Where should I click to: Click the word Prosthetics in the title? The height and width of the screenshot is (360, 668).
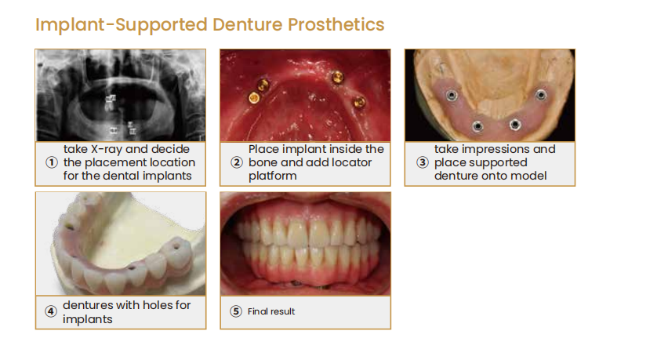point(336,25)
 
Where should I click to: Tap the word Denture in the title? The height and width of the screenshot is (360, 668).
point(248,25)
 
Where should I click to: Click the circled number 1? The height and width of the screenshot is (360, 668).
point(52,162)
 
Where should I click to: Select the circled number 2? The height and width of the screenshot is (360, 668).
point(237,162)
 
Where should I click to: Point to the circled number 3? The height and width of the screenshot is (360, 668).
point(422,162)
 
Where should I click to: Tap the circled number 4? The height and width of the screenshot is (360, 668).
point(51,311)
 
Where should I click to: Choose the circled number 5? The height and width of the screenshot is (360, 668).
point(235,311)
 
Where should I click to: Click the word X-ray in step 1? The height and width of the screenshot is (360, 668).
point(107,150)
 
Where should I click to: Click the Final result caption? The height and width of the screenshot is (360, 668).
point(271,311)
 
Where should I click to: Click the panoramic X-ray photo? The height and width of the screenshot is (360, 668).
point(121,96)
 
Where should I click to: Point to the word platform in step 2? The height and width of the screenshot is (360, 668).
point(273,176)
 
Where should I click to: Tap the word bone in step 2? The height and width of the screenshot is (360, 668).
point(263,162)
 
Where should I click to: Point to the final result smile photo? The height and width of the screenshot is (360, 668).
point(305,244)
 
